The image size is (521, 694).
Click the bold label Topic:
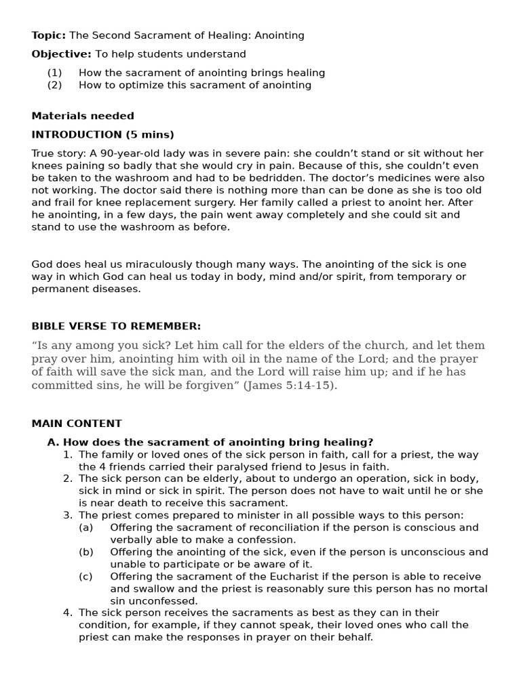tap(48, 35)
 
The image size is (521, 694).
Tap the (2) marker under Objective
tap(54, 85)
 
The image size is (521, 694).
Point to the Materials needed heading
tap(83, 116)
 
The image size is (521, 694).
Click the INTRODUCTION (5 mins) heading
tap(102, 135)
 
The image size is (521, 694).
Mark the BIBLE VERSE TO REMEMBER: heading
tap(116, 326)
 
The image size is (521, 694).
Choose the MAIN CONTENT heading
tap(77, 424)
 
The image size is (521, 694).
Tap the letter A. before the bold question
tap(52, 443)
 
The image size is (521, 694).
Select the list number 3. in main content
tap(68, 515)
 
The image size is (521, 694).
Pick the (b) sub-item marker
tap(86, 552)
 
